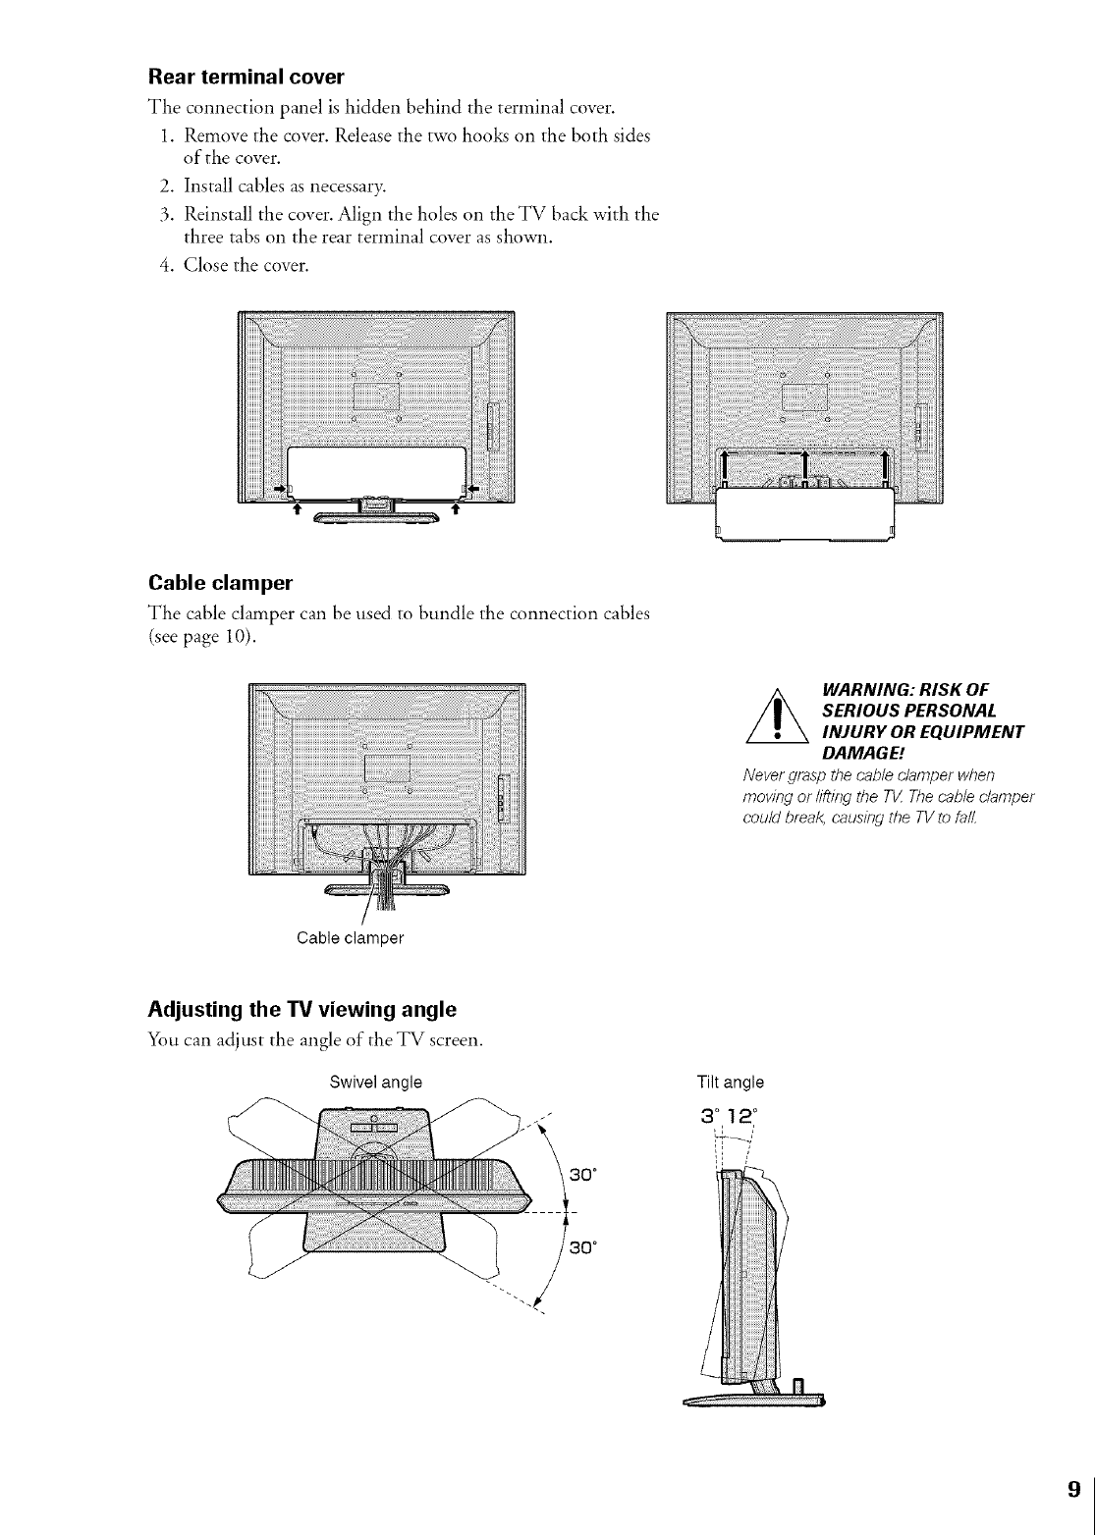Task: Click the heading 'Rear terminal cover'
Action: [x=246, y=76]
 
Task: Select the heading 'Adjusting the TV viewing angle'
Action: [x=301, y=1009]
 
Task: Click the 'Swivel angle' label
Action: [x=375, y=1083]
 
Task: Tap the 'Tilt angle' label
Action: [x=730, y=1083]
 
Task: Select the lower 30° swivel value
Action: [x=586, y=1247]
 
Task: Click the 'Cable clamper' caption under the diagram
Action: [x=351, y=937]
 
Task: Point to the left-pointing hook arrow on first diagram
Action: [x=470, y=487]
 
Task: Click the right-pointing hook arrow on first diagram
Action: [x=280, y=487]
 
